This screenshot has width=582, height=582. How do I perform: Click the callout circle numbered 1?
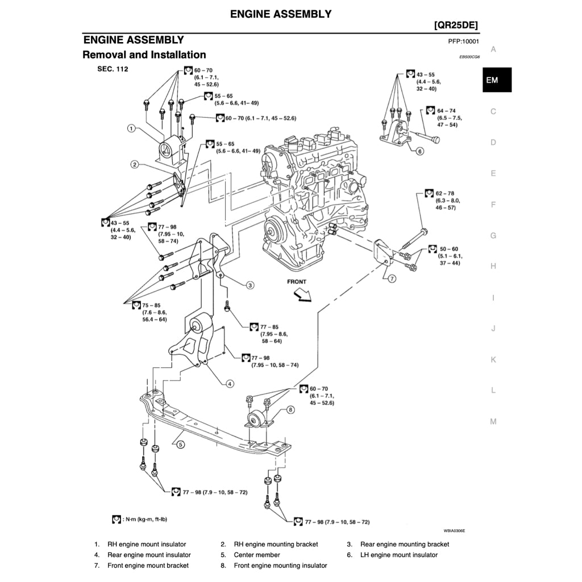pyautogui.click(x=131, y=128)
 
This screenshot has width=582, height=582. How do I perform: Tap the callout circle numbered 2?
pyautogui.click(x=135, y=165)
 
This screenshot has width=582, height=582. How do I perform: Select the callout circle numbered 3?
pyautogui.click(x=250, y=285)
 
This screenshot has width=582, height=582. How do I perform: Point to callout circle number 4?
pyautogui.click(x=230, y=384)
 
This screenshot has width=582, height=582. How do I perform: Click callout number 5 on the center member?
pyautogui.click(x=180, y=445)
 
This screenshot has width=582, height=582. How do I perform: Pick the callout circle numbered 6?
pyautogui.click(x=419, y=151)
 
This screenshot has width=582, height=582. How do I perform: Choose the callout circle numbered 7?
pyautogui.click(x=392, y=278)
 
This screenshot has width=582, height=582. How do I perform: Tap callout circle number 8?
pyautogui.click(x=290, y=409)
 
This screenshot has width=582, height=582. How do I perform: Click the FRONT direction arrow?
pyautogui.click(x=299, y=294)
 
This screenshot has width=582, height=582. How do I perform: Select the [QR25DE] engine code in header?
pyautogui.click(x=455, y=26)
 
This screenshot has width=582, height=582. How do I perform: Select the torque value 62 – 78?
pyautogui.click(x=445, y=194)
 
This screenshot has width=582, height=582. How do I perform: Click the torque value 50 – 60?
pyautogui.click(x=448, y=249)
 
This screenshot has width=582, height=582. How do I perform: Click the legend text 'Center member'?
pyautogui.click(x=257, y=555)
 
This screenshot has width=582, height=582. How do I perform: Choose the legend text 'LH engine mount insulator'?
pyautogui.click(x=399, y=555)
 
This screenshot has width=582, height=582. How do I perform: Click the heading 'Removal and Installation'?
pyautogui.click(x=144, y=55)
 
